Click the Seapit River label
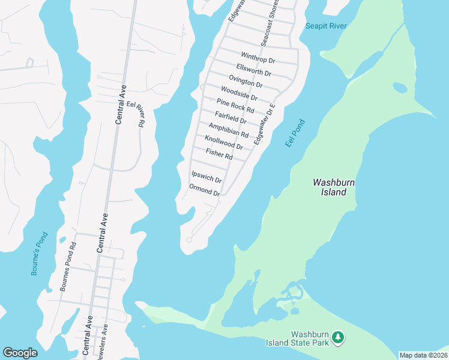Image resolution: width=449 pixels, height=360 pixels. [326, 26]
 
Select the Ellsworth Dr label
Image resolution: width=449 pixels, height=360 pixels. [254, 70]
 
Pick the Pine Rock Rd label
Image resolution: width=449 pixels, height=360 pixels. [235, 106]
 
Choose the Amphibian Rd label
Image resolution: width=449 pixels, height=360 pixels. [228, 130]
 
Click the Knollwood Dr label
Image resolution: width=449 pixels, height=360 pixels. [223, 142]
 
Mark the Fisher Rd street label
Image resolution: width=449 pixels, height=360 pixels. [218, 154]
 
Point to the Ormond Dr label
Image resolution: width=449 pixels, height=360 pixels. [205, 190]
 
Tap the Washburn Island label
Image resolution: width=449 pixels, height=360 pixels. [330, 187]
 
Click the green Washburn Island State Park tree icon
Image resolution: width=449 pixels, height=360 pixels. [339, 338]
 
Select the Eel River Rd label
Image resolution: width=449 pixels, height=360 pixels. [137, 114]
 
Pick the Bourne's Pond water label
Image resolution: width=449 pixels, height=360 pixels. [39, 254]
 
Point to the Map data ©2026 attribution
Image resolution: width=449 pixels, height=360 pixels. [423, 355]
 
